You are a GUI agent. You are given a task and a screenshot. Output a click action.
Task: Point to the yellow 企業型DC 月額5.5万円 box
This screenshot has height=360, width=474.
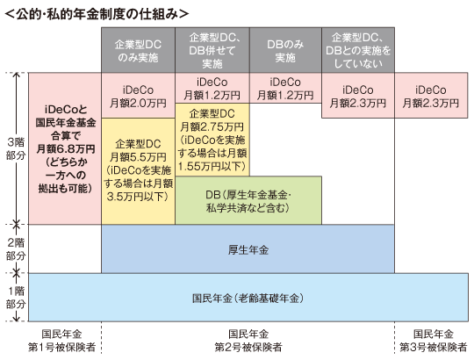(137, 170)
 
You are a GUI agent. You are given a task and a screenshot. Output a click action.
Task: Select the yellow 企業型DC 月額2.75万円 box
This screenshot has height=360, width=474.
(212, 139)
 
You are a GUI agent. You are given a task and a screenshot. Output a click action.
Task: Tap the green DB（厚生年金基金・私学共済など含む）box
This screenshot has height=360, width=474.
(248, 200)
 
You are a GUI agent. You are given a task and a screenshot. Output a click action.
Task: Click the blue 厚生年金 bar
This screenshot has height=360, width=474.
(248, 249)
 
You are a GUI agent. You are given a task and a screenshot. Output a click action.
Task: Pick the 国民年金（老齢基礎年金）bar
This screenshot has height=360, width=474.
(248, 298)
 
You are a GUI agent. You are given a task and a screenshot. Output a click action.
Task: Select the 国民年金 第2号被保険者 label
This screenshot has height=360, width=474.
(248, 341)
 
